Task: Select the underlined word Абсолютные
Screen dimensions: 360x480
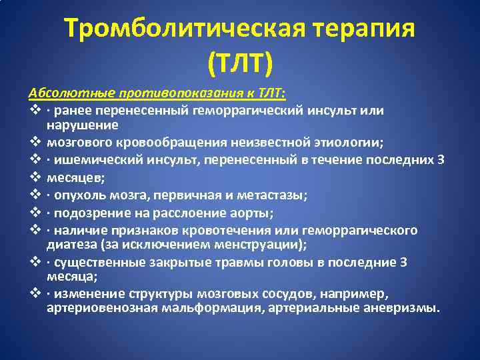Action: [61, 93]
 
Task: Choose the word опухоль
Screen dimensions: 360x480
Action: [79, 195]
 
